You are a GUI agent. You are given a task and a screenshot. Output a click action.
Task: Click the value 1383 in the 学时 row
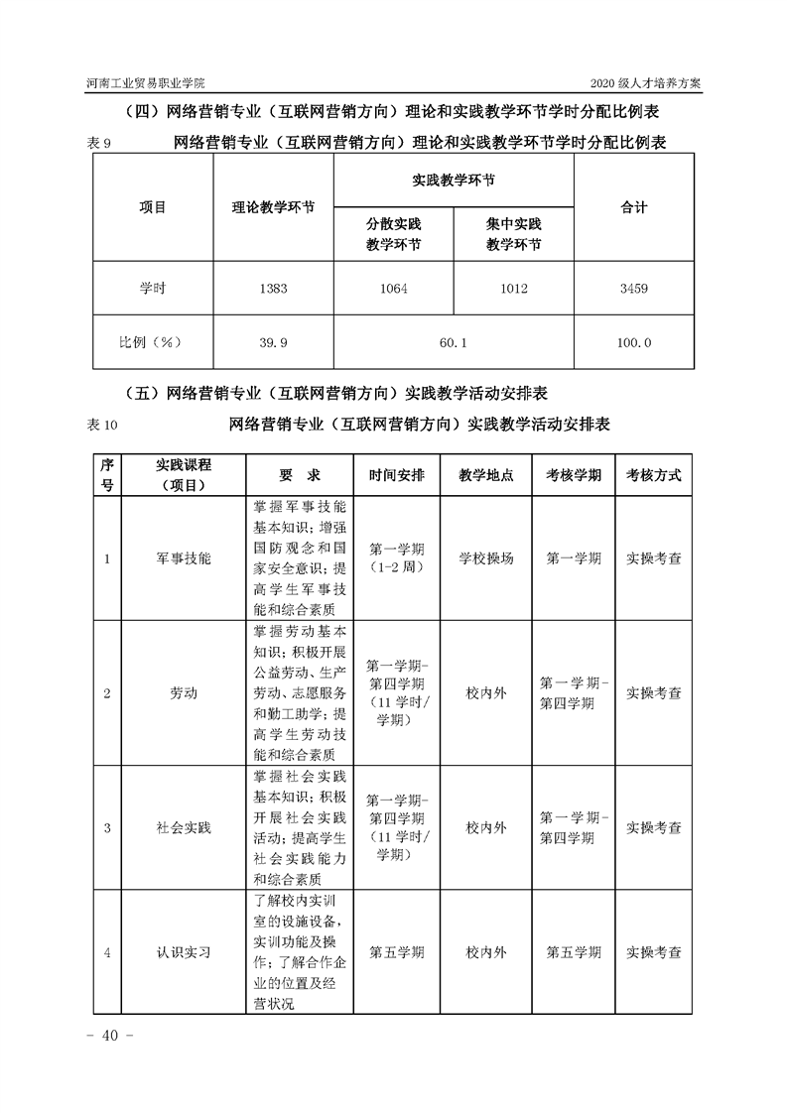tap(273, 289)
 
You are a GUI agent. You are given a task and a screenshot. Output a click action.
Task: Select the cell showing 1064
tap(393, 289)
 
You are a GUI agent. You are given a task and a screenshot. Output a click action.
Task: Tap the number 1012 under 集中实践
tap(514, 289)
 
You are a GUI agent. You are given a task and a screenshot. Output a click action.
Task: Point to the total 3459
tap(633, 289)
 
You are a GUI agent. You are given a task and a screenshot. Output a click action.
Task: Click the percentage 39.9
tap(273, 342)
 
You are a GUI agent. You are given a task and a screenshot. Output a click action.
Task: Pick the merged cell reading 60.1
tap(453, 342)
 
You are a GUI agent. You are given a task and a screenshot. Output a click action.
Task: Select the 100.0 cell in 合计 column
tap(633, 342)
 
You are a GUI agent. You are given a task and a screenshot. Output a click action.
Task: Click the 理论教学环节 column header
tap(273, 208)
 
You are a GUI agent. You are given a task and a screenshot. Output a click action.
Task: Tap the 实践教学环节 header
tap(453, 182)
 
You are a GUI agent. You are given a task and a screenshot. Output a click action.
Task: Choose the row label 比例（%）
tap(152, 342)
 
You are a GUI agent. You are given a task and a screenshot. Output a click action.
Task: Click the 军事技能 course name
tap(184, 558)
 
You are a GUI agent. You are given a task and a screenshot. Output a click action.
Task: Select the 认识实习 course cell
tap(184, 952)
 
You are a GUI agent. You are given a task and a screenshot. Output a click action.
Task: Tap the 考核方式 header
tap(654, 475)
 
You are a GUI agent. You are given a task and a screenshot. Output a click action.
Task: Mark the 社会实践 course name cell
tap(184, 826)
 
